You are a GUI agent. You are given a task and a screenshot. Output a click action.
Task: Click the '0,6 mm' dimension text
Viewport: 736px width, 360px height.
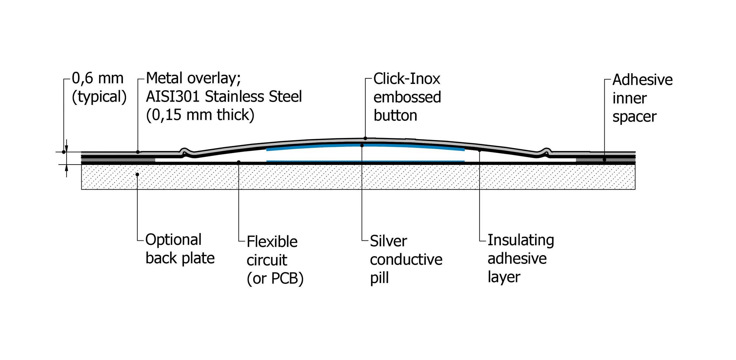(98, 78)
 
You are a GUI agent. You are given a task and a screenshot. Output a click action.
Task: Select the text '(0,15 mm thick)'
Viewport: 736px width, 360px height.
(200, 115)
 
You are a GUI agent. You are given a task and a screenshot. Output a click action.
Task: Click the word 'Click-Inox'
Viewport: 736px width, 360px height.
(407, 79)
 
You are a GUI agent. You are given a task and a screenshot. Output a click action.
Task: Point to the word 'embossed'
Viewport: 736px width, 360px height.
(407, 97)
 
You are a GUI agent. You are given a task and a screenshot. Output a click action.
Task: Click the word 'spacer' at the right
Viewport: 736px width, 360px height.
(634, 117)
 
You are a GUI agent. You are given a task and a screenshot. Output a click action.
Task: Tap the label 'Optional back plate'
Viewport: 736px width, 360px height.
(180, 249)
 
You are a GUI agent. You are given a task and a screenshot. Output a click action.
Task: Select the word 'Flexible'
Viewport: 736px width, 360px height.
(272, 242)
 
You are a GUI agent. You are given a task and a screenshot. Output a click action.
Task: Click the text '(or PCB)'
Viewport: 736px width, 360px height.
(275, 278)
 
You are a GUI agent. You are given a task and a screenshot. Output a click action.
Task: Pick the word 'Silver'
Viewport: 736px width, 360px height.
(388, 241)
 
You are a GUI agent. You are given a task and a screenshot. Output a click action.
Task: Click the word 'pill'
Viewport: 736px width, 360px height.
(379, 278)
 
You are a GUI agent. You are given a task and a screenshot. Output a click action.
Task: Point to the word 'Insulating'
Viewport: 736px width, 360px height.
(521, 240)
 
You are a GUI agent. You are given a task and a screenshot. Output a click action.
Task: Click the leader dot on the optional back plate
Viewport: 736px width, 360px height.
(137, 174)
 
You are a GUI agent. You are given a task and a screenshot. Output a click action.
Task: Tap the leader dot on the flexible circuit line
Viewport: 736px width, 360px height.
(239, 162)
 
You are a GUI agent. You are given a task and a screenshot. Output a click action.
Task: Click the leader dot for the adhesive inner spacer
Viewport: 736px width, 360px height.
(604, 160)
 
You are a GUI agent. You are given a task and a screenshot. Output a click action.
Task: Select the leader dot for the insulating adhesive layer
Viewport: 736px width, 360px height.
(480, 150)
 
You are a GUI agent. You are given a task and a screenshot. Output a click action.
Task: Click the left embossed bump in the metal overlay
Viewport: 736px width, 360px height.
(185, 151)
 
